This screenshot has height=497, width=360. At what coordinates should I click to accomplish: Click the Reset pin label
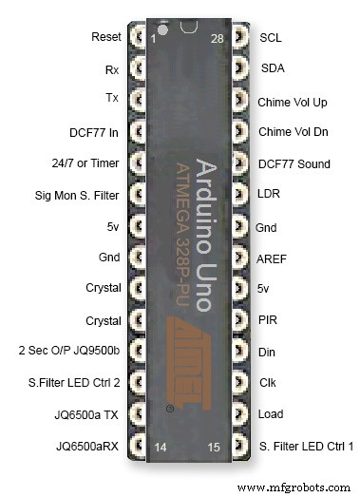[x=105, y=37]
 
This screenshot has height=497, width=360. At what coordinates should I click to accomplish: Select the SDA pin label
[x=272, y=69]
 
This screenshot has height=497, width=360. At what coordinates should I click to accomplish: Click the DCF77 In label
[x=95, y=131]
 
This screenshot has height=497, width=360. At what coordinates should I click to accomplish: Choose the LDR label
[x=269, y=195]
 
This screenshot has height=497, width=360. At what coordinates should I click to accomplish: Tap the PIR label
[x=267, y=320]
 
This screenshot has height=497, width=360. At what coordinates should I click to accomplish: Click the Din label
[x=266, y=352]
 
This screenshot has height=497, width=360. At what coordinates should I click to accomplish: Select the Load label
[x=270, y=414]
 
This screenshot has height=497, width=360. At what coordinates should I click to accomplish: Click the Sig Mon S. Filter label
[x=75, y=195]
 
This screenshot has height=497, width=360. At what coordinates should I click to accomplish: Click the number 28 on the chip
[x=218, y=38]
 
